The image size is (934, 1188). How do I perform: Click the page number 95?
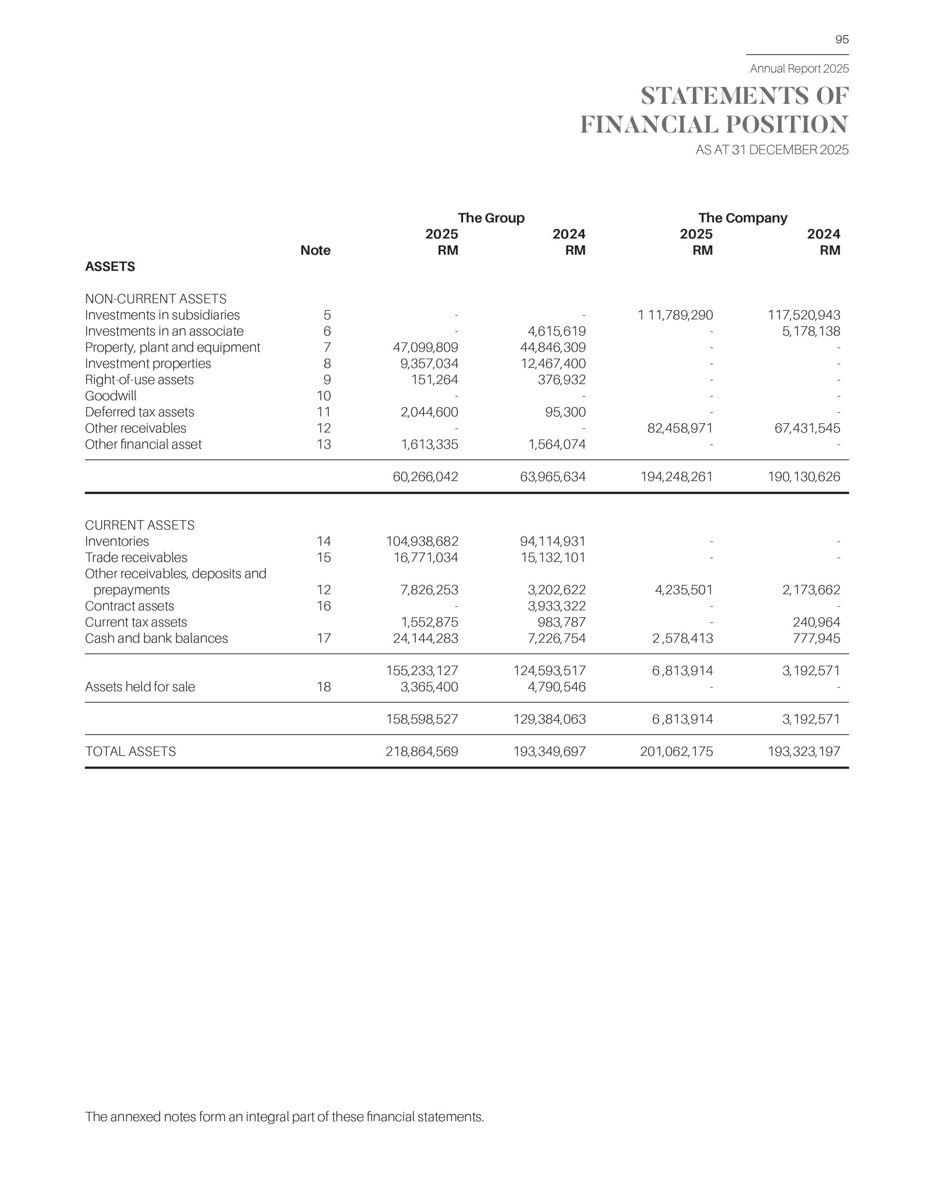tap(842, 39)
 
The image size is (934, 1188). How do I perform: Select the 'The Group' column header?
tap(491, 218)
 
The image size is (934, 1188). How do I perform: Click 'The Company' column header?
tap(743, 218)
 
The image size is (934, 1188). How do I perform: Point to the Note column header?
tap(315, 250)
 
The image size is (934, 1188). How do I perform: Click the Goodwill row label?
tap(111, 396)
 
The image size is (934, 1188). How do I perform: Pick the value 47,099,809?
tap(425, 348)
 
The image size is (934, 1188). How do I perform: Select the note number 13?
tap(324, 445)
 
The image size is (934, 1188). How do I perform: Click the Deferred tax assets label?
tap(139, 412)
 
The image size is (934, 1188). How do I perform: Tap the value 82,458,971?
tap(680, 428)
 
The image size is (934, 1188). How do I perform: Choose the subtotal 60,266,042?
tap(425, 477)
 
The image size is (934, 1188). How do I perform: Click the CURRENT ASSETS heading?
tap(139, 525)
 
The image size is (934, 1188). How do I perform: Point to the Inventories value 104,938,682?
tap(422, 542)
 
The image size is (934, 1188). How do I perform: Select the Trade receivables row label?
tap(136, 558)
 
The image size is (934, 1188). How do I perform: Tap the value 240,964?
tap(816, 622)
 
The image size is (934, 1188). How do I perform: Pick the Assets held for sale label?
tap(140, 687)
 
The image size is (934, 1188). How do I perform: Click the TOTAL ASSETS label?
tap(130, 752)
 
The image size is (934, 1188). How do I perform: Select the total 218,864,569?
tap(422, 752)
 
